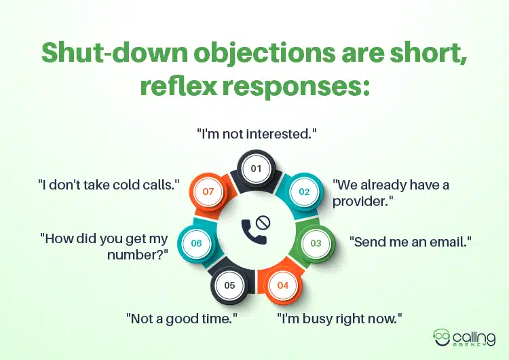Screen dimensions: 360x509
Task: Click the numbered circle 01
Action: pos(256,167)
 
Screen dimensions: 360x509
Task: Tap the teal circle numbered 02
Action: pos(304,192)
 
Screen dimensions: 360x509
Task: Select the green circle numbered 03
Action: pos(316,242)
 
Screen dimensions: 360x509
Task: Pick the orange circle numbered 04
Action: pos(283,285)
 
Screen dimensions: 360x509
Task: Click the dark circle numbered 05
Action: pos(229,285)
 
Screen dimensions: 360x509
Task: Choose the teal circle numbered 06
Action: pos(197,242)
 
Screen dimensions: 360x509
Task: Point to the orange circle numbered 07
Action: pos(208,192)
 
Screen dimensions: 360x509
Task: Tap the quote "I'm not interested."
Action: pos(257,134)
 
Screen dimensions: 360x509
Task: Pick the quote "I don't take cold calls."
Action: pos(108,183)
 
